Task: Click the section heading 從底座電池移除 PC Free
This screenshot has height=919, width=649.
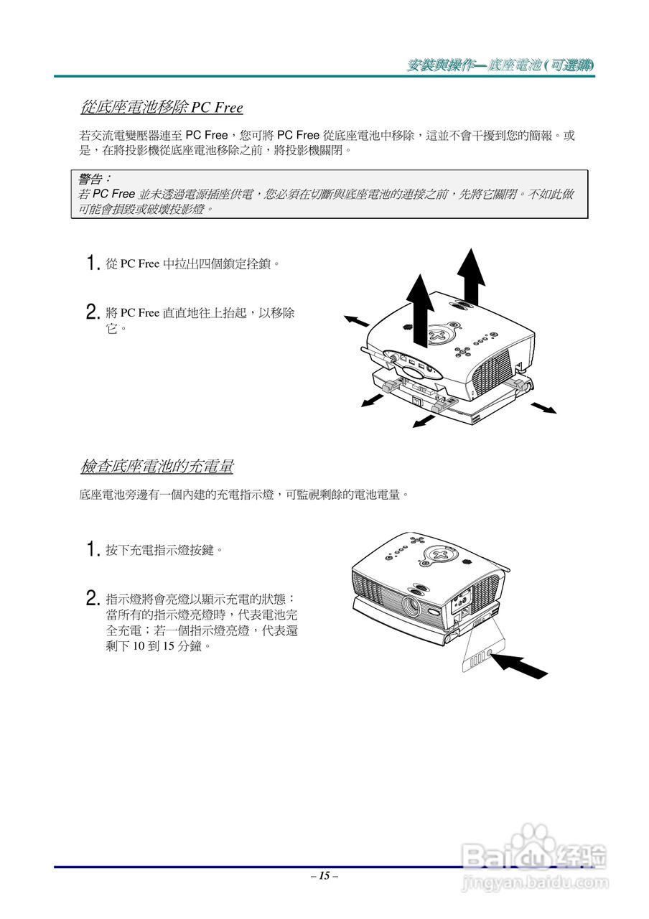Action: click(x=162, y=108)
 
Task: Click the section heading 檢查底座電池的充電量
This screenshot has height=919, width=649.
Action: click(x=157, y=467)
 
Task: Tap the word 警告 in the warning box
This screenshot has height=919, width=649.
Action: click(x=93, y=178)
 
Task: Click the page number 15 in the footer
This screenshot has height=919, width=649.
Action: click(x=324, y=876)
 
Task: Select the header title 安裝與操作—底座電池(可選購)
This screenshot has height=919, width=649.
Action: click(x=500, y=65)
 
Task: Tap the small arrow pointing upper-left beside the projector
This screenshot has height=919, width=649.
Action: click(x=357, y=320)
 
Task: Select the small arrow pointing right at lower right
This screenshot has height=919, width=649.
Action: click(x=543, y=407)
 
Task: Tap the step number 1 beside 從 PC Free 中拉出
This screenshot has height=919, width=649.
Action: click(x=92, y=263)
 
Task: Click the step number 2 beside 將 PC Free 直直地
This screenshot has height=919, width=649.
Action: click(x=92, y=312)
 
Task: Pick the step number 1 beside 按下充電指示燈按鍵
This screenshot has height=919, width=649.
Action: click(x=92, y=550)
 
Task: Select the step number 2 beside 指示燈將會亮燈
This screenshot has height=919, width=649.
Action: click(x=92, y=598)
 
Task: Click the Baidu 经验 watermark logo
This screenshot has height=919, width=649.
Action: click(x=535, y=854)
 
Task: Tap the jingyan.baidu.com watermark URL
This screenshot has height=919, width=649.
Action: click(x=535, y=883)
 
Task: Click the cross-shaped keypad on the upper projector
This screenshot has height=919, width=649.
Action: click(x=439, y=335)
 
